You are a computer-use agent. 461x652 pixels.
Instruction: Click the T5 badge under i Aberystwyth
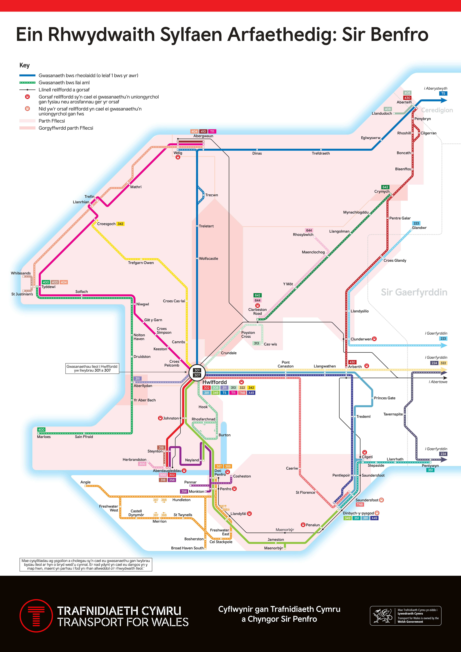[x=443, y=93]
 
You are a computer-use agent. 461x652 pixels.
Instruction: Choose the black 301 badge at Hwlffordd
[x=197, y=370]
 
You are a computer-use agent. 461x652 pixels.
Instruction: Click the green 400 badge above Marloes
[x=41, y=430]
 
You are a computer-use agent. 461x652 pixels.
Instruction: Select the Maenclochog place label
[x=313, y=252]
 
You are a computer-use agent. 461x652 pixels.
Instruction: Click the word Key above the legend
[x=24, y=65]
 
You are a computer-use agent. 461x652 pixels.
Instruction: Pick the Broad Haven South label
[x=187, y=548]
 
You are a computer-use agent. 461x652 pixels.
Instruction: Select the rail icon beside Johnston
[x=160, y=418]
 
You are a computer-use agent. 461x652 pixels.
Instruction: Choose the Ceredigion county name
[x=437, y=110]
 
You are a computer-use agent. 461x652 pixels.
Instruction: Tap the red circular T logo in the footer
[x=36, y=616]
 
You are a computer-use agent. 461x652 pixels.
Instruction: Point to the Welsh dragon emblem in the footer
[x=382, y=616]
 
